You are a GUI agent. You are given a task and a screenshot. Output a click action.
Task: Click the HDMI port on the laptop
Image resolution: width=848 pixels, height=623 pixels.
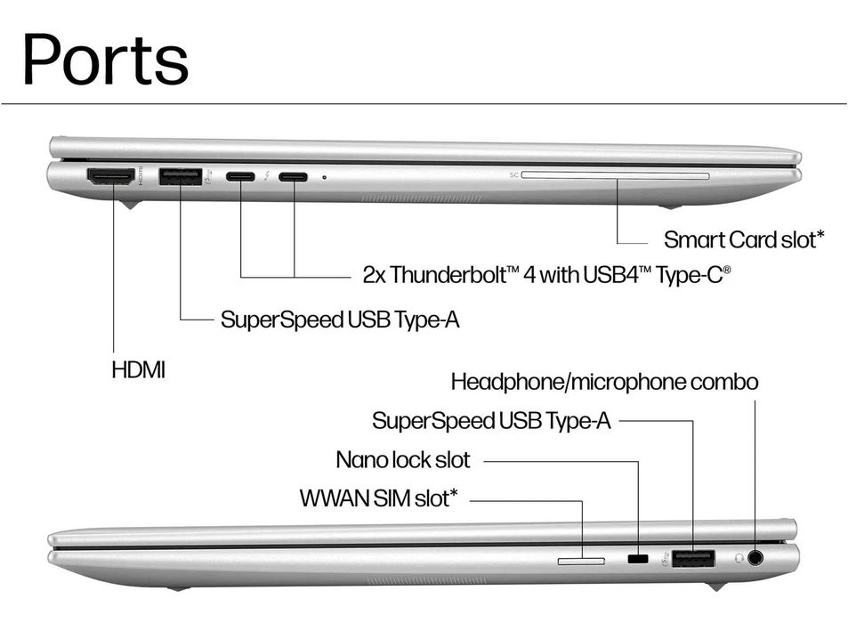click(111, 177)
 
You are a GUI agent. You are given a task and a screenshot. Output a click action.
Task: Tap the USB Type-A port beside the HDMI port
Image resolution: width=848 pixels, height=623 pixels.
click(180, 177)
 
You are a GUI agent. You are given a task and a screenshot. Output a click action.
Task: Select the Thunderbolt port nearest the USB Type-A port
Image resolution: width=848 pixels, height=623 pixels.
click(240, 177)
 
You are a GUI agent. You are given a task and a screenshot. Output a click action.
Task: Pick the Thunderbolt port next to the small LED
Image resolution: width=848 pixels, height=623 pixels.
click(293, 177)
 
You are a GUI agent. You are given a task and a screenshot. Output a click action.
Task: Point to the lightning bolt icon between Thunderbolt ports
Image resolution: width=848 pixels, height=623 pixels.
click(267, 176)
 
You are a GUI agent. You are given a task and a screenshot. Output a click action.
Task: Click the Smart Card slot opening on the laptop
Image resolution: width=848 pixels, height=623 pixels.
click(616, 175)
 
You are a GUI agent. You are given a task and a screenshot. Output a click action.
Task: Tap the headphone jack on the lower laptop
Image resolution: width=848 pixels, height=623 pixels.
click(755, 557)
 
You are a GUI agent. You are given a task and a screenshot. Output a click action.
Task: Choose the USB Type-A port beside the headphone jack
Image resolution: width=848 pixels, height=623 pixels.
click(693, 558)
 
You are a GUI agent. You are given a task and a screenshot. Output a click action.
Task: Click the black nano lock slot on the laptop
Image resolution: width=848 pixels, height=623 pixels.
click(638, 558)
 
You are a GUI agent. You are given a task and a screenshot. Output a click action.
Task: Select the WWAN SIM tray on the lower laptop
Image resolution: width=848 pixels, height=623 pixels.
click(581, 562)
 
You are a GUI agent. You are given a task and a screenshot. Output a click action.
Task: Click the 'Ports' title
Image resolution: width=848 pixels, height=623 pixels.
click(106, 59)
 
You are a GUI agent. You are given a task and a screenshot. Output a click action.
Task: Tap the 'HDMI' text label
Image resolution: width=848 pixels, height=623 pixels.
click(139, 370)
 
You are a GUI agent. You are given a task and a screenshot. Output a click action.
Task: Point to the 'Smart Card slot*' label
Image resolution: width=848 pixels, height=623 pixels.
click(744, 239)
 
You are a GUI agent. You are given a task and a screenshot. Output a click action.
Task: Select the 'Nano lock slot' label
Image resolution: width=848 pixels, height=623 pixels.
click(403, 459)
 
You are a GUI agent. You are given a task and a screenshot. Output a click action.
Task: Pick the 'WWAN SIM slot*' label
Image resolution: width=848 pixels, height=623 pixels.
click(378, 498)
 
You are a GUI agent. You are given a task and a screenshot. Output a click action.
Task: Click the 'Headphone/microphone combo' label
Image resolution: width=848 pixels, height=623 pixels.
click(604, 382)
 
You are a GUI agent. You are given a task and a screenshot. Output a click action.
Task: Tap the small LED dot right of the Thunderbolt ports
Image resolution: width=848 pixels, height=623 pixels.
click(324, 177)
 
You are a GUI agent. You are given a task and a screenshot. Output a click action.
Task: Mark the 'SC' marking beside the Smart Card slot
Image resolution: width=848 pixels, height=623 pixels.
click(513, 174)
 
